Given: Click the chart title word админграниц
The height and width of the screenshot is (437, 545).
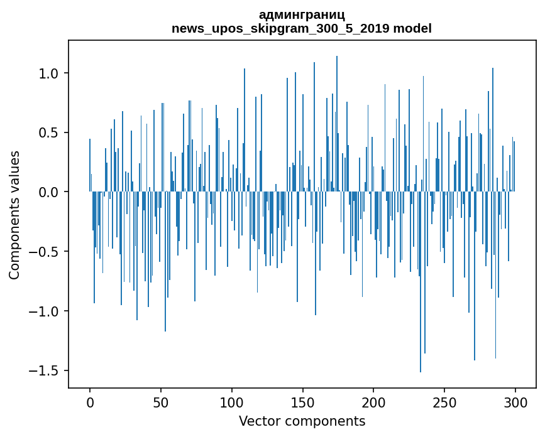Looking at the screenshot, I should (302, 14).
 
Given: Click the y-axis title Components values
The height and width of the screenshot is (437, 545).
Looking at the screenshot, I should (14, 215).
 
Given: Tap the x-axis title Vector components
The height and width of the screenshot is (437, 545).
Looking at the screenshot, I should (302, 421).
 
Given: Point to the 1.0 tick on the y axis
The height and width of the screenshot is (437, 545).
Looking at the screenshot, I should (49, 73).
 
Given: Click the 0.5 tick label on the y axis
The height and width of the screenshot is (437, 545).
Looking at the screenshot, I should (49, 133).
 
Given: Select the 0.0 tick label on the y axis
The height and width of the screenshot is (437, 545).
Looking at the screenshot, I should (49, 192).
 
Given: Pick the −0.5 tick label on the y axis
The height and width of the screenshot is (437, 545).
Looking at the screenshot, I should (45, 252).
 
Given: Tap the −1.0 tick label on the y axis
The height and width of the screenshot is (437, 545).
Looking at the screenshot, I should (45, 311).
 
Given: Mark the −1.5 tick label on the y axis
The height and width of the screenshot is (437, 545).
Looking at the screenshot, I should (45, 370).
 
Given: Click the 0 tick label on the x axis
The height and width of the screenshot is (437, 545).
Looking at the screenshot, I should (90, 401).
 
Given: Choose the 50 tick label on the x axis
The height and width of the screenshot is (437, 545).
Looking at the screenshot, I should (161, 401).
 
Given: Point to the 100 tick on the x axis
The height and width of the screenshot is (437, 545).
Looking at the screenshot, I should (232, 401).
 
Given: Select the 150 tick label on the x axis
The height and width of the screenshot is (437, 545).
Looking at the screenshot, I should (303, 401).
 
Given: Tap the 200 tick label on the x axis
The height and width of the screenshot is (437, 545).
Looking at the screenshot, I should (374, 401).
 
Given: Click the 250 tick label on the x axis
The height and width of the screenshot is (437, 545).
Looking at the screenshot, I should (444, 401).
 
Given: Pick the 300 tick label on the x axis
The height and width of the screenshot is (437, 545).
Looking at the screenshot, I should (515, 401).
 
